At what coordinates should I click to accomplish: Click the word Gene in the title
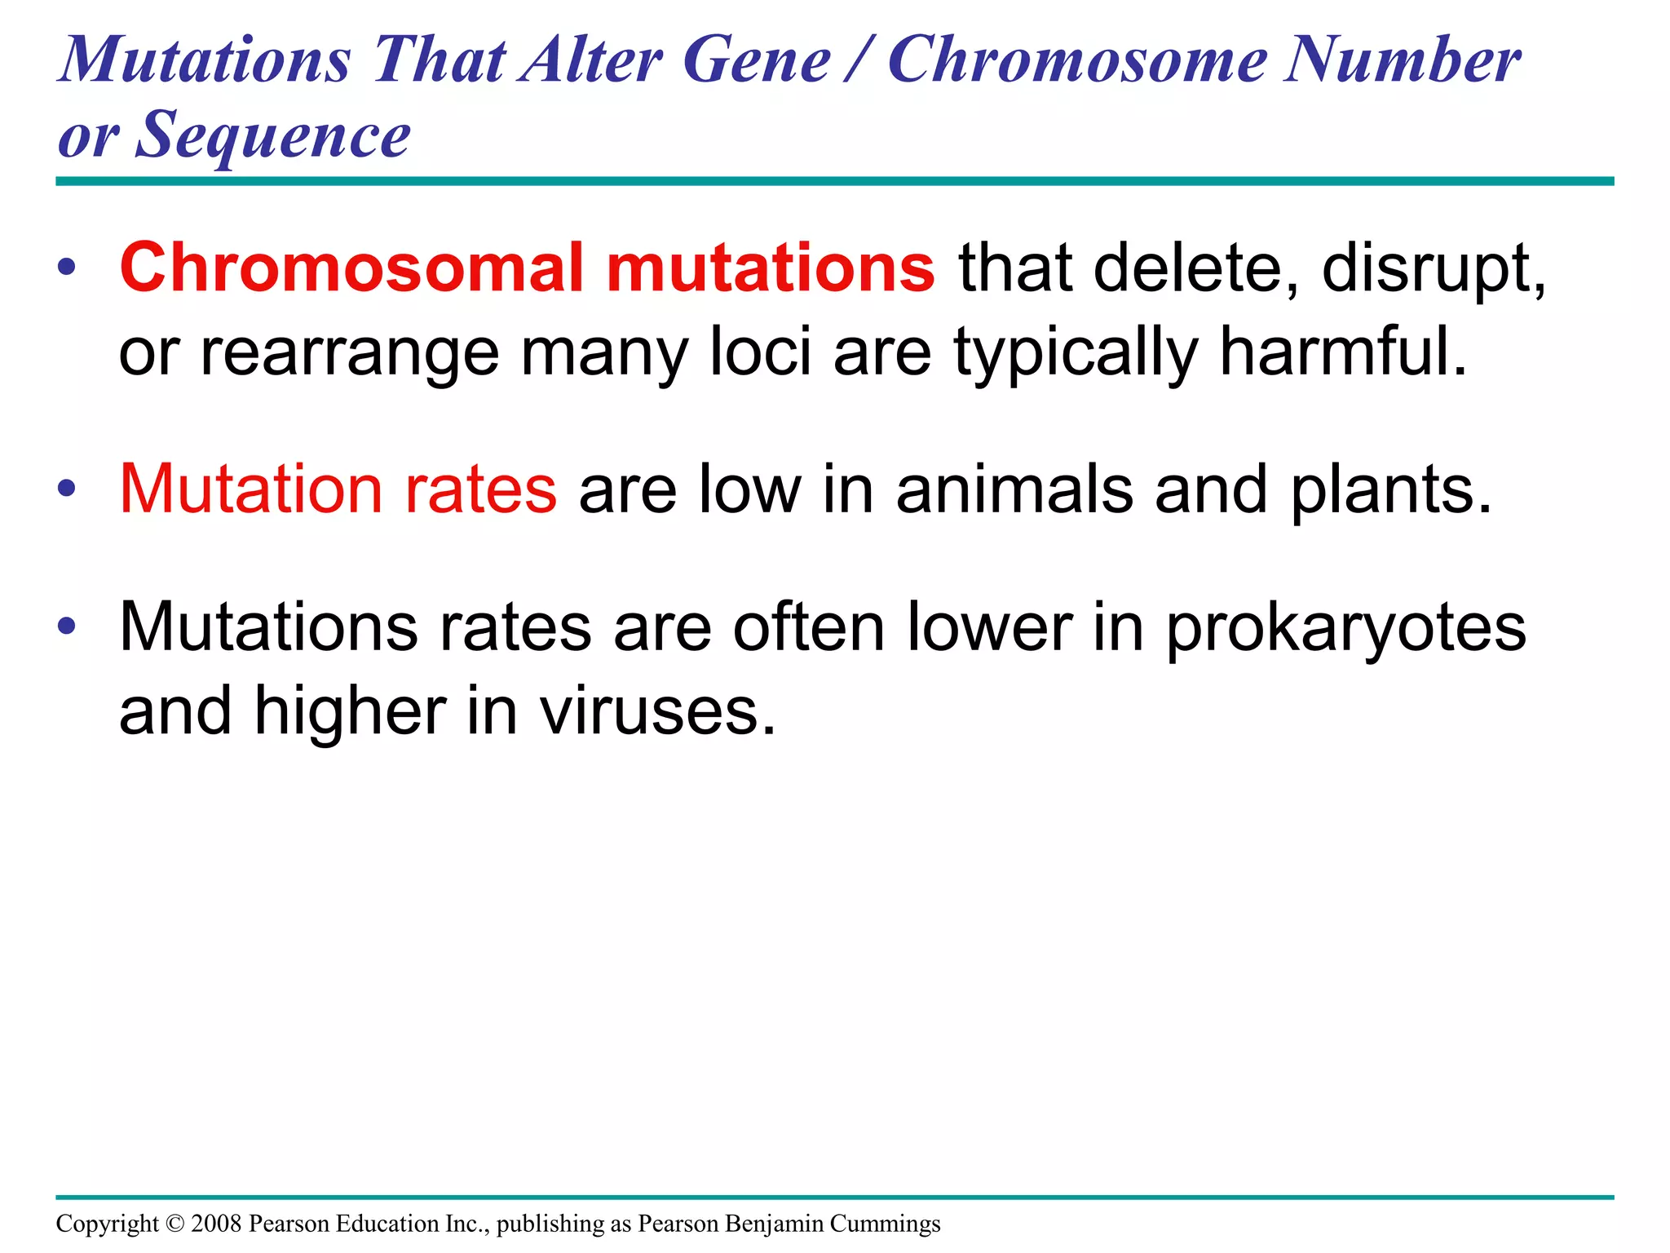756,61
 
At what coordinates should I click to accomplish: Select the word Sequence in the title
273,135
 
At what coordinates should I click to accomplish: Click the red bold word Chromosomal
351,268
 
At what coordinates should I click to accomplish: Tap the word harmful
1342,352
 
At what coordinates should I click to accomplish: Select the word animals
1014,489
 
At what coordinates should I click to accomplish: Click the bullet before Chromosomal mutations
67,268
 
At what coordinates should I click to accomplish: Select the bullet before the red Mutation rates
67,489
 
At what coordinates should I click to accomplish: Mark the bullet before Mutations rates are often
67,627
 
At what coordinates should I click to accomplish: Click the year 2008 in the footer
216,1224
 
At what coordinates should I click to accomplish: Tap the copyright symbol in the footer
175,1224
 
